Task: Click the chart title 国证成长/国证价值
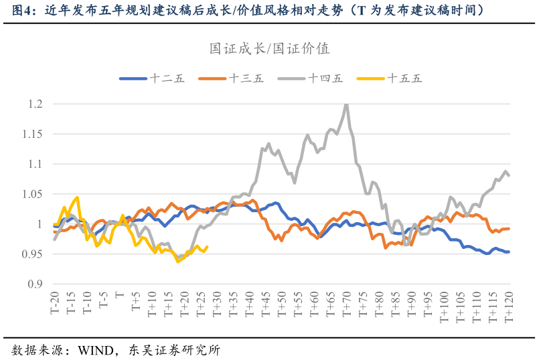coord(270,49)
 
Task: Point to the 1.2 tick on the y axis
coord(35,104)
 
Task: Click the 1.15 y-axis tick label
coord(33,134)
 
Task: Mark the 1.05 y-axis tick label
coord(33,194)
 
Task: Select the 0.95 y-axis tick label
coord(33,254)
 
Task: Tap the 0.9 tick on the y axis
coord(35,284)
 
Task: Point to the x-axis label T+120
coord(509,307)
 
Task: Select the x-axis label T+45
coord(266,304)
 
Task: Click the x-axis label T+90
coord(411,304)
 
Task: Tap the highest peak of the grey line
coord(346,104)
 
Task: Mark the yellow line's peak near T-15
coord(78,197)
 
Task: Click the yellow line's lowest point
coord(178,261)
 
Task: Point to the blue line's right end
coord(509,252)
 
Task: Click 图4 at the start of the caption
coord(22,11)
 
